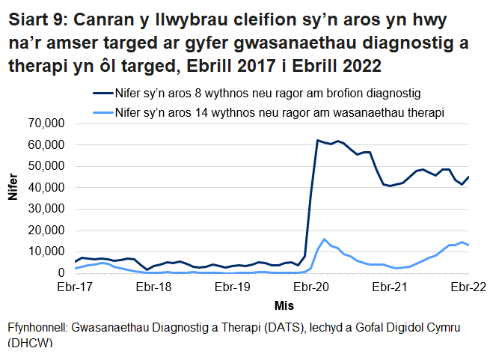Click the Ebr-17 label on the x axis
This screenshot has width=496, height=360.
[76, 287]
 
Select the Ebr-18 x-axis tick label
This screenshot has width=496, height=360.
[154, 287]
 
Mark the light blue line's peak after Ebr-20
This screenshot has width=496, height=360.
[324, 240]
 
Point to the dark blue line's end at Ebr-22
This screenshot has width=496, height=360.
[468, 177]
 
